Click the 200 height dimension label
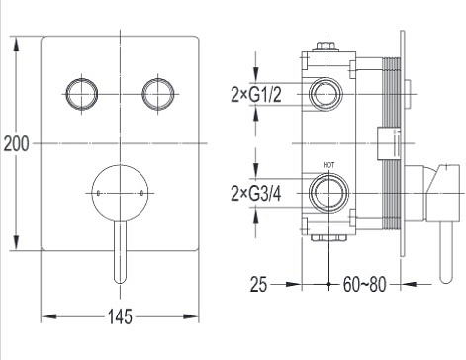[x=16, y=144]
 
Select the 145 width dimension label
[x=120, y=316]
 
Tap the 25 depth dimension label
[x=258, y=284]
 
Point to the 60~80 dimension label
[x=364, y=284]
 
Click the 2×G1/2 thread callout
[x=256, y=95]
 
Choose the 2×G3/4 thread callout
[x=256, y=194]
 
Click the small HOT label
[x=328, y=165]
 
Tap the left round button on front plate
[x=82, y=94]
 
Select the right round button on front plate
[x=158, y=94]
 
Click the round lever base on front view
[x=120, y=193]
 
